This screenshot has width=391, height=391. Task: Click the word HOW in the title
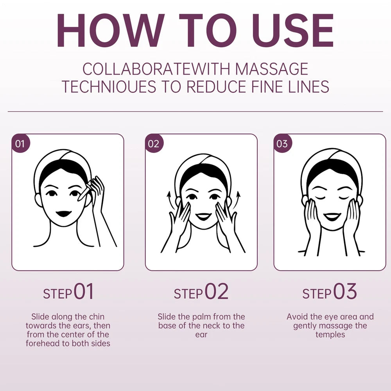click(111, 30)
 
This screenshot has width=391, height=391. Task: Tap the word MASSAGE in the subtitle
click(272, 69)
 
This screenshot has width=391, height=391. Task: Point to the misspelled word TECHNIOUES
click(109, 86)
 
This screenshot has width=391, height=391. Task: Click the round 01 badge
click(20, 143)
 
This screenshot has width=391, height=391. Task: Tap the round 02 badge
click(154, 143)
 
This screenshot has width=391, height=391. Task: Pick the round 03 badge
click(283, 143)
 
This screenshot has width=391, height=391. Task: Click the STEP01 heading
click(68, 291)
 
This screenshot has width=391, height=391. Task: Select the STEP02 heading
click(201, 291)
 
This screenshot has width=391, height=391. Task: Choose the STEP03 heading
click(330, 291)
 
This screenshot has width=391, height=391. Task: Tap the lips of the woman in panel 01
click(63, 214)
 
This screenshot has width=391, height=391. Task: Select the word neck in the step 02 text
click(215, 326)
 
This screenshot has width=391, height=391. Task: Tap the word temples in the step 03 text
click(330, 335)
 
